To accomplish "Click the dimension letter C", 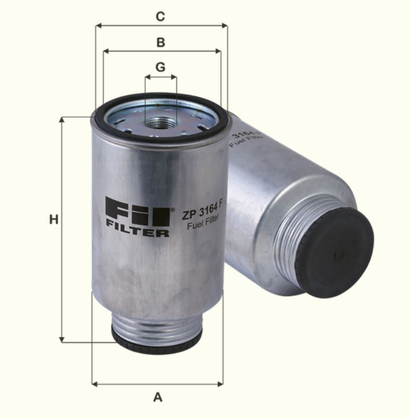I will (x=160, y=16).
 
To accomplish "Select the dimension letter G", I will (x=160, y=67).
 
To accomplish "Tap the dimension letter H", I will (x=53, y=219).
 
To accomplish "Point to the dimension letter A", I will (x=158, y=397).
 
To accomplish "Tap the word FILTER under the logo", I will (x=137, y=231).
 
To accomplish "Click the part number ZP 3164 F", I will (x=202, y=213).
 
